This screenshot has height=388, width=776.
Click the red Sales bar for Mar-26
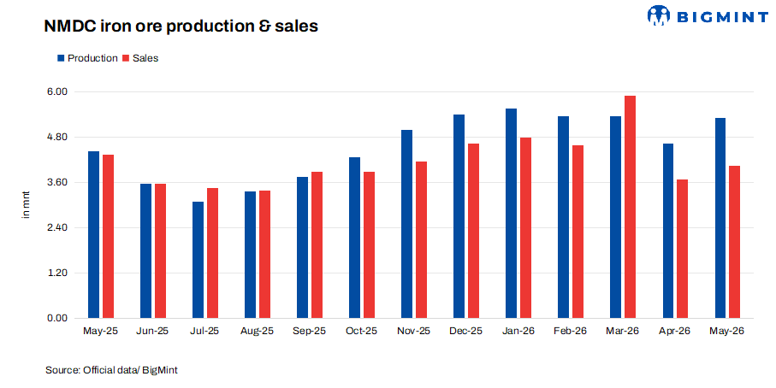(630, 207)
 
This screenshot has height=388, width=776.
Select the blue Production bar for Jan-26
(511, 213)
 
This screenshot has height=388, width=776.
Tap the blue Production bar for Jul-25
(198, 260)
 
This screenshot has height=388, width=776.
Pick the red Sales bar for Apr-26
(682, 249)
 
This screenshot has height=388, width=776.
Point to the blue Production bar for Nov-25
(406, 224)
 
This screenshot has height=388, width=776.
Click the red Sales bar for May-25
(109, 236)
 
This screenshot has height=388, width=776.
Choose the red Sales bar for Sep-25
(317, 244)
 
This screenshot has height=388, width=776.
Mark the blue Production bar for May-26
(720, 218)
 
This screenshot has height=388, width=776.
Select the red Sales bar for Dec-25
(474, 231)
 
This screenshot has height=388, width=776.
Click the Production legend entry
(87, 58)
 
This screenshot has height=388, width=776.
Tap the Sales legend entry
(140, 58)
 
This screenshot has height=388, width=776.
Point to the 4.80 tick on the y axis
(57, 137)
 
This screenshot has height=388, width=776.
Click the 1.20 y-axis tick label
(57, 273)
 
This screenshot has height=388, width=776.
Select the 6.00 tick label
(57, 91)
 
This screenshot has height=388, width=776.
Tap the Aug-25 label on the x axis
(257, 331)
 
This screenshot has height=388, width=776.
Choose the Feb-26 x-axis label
(570, 331)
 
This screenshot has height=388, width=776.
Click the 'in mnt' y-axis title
(26, 204)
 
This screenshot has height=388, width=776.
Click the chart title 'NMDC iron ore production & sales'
(181, 26)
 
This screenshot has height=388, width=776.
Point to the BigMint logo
(708, 15)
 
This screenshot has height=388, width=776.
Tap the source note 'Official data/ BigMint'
(130, 370)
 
